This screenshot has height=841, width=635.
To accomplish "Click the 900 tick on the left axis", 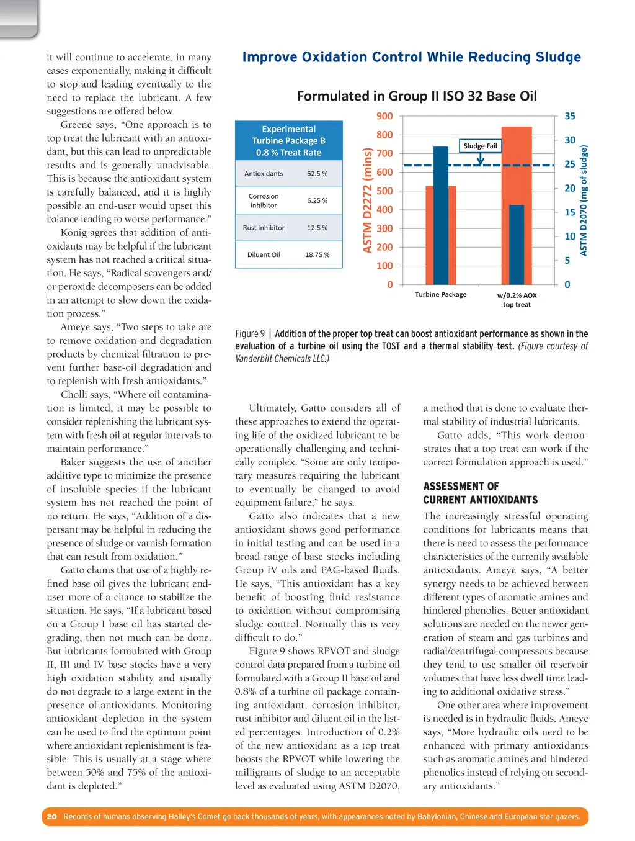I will coord(384,116).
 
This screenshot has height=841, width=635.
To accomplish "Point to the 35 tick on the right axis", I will coord(569,116).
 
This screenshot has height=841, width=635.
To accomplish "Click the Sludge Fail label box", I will coord(480,146).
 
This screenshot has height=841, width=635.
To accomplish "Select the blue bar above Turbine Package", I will coord(440,215).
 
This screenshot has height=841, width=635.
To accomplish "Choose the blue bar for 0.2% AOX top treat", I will coord(517,244).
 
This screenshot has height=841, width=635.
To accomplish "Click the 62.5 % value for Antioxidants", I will coord(317,174).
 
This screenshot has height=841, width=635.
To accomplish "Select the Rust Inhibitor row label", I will coord(264,228).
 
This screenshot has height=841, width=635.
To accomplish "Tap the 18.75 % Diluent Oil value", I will coord(317,255).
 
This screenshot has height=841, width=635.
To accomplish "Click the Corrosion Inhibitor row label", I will coord(264,200).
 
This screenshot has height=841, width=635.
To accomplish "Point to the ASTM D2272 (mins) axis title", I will coord(368,200).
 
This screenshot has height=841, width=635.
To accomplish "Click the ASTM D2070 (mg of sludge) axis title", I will coord(584,200).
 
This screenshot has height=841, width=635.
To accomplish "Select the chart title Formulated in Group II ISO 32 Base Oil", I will coord(417,96).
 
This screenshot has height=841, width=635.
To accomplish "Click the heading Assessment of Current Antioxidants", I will coord(480,493).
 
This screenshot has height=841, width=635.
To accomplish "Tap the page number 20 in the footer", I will coord(52,817).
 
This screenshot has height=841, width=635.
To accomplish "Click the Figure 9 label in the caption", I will coord(250,334).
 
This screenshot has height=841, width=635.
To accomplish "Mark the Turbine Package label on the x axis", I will coord(440,295).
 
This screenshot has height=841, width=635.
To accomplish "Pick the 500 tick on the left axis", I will coord(384,191).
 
